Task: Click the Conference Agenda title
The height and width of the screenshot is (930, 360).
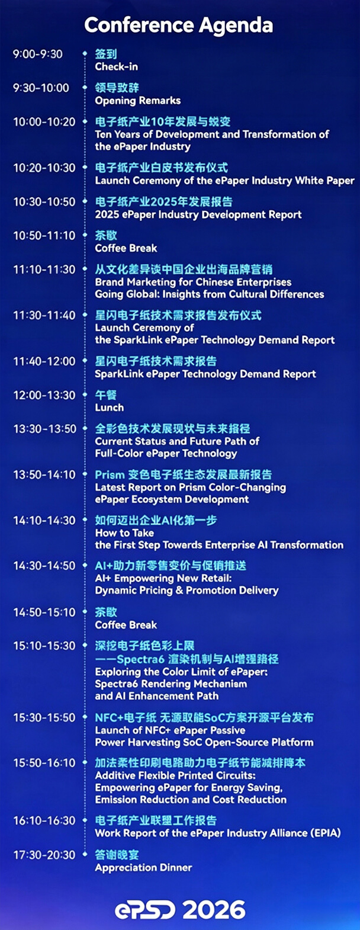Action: click(x=179, y=25)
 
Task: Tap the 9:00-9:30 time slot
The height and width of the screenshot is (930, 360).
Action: click(x=38, y=54)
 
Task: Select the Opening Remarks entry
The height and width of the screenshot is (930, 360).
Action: click(x=138, y=101)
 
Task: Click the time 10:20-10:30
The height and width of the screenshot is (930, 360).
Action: click(x=44, y=168)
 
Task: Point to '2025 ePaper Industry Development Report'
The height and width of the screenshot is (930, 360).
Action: click(x=198, y=214)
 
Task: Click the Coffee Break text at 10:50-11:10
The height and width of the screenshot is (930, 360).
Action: click(x=126, y=248)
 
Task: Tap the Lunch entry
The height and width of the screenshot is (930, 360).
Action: click(x=109, y=408)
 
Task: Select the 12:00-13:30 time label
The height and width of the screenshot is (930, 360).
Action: click(x=44, y=395)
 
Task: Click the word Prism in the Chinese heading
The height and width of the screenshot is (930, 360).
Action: click(x=110, y=474)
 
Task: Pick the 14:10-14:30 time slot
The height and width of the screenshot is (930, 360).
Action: click(x=44, y=520)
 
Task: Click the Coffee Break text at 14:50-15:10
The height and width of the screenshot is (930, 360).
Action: click(x=126, y=625)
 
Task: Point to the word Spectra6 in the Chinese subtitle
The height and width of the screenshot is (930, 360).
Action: click(x=140, y=659)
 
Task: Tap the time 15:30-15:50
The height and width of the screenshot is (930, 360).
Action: click(x=44, y=717)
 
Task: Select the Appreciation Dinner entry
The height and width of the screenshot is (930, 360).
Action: click(x=143, y=867)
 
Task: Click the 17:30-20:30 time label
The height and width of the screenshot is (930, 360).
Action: click(x=44, y=855)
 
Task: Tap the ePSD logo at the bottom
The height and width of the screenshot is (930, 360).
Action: click(x=145, y=910)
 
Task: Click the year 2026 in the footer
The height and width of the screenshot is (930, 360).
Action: click(x=214, y=910)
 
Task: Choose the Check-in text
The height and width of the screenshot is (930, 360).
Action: click(x=116, y=66)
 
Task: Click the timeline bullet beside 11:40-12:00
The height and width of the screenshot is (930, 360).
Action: click(x=85, y=361)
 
